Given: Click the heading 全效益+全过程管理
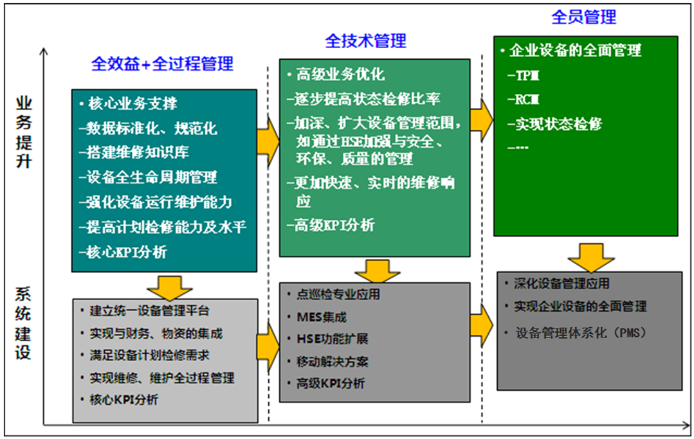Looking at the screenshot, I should [162, 64].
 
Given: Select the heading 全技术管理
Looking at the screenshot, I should [365, 40].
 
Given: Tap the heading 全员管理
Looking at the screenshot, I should [583, 17].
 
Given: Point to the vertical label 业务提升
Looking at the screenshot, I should [24, 132].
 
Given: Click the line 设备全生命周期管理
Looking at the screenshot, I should [148, 177].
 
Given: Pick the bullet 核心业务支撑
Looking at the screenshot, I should [129, 103].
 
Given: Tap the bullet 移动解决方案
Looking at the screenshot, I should [332, 361].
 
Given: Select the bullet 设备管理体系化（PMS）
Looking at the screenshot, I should [580, 333].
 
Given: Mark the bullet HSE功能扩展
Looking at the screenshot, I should [332, 339].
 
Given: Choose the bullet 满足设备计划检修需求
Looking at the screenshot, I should [149, 355].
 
